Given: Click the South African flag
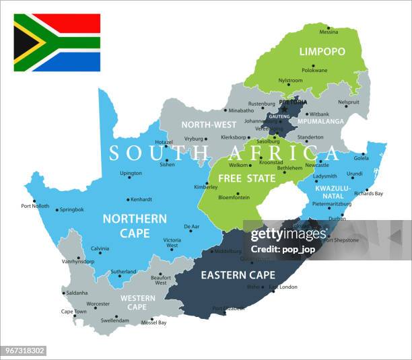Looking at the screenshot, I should tap(57, 42).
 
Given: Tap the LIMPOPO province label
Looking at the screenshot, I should tap(322, 52).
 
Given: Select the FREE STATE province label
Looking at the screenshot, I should tap(246, 178).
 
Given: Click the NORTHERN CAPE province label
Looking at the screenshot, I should tap(134, 225).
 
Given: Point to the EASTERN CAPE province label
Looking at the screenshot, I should tap(238, 275).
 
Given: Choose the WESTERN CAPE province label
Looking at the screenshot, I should tap(137, 302).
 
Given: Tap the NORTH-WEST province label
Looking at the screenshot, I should tap(209, 125).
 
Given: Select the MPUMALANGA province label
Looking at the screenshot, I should tap(321, 122).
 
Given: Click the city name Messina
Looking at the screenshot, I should tap(329, 32).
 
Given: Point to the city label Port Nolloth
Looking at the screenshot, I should tap(34, 206).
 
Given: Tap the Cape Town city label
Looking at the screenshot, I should tap(73, 312).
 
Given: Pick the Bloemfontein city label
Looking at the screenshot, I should tap(233, 198).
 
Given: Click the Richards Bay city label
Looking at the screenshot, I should tap(368, 194).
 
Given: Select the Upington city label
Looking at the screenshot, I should tap(131, 173).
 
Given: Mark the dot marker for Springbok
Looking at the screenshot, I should tap(56, 210).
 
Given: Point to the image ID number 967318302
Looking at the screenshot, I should tap(24, 351).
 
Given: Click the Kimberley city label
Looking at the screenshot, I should tap(206, 187).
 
